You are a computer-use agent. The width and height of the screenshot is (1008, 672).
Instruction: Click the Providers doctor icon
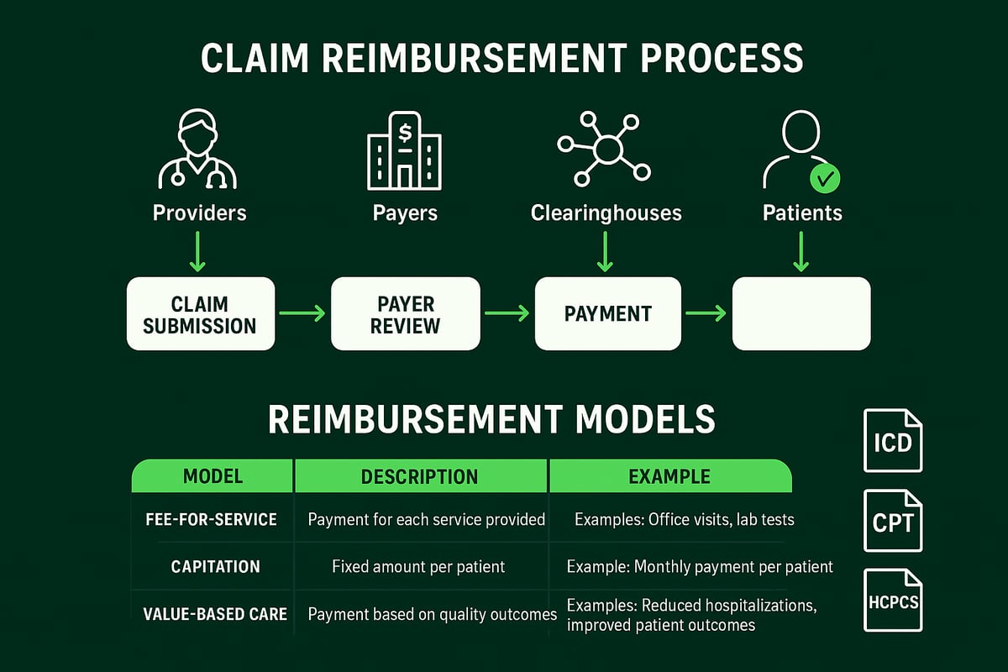198,151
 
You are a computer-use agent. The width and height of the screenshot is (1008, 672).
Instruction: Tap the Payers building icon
405,151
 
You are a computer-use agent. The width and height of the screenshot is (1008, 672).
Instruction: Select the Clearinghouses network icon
605,150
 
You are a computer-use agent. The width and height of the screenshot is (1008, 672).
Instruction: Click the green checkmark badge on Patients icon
824,178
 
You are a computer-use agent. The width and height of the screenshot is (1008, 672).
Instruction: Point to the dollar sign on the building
406,132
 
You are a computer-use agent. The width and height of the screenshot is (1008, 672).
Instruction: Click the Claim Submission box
200,314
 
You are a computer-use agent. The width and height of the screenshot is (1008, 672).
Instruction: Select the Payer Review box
405,314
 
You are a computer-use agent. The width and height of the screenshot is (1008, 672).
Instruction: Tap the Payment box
607,314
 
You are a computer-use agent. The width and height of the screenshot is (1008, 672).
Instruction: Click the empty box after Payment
801,314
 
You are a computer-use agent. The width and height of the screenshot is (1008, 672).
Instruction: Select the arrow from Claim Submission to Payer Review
302,314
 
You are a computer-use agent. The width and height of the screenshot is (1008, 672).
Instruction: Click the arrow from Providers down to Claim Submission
197,252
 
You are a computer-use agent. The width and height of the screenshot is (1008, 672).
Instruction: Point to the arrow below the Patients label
801,252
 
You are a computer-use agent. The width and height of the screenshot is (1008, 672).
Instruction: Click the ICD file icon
893,440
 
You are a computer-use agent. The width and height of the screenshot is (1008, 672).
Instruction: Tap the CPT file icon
893,522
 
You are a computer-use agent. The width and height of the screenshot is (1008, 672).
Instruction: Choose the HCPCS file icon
893,601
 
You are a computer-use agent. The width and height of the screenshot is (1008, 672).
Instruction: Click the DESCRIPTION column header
419,477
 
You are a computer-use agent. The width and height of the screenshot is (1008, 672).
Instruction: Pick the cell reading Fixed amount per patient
418,567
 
